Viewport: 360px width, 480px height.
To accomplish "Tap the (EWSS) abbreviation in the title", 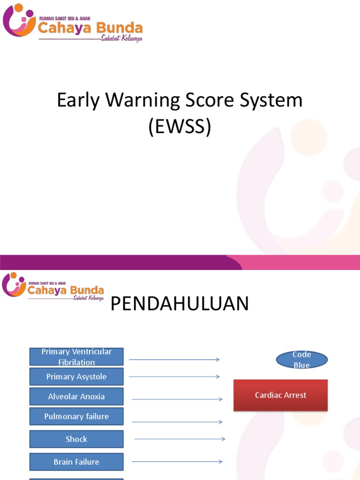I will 180,127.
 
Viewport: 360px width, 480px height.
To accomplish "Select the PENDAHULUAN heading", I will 180,304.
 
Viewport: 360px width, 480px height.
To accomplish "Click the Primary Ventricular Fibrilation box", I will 76,357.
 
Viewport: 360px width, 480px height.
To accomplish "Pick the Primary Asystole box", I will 76,376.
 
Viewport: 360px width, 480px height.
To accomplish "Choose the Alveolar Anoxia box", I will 76,397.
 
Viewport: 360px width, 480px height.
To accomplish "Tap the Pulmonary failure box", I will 76,416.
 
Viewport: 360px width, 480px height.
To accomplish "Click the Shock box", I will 76,439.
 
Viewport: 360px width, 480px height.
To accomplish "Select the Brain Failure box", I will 76,462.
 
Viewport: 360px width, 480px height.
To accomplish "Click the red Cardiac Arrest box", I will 280,395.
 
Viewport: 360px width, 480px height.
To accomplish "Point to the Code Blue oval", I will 301,360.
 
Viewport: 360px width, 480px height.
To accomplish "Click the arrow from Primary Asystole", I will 174,376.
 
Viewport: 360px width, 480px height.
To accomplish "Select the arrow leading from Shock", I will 180,439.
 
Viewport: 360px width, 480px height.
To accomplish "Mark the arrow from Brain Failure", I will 177,462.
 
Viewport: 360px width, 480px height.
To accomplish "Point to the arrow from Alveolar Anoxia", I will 177,399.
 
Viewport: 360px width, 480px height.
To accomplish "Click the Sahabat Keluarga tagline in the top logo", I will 121,38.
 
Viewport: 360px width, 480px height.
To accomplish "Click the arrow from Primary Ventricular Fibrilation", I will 174,360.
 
